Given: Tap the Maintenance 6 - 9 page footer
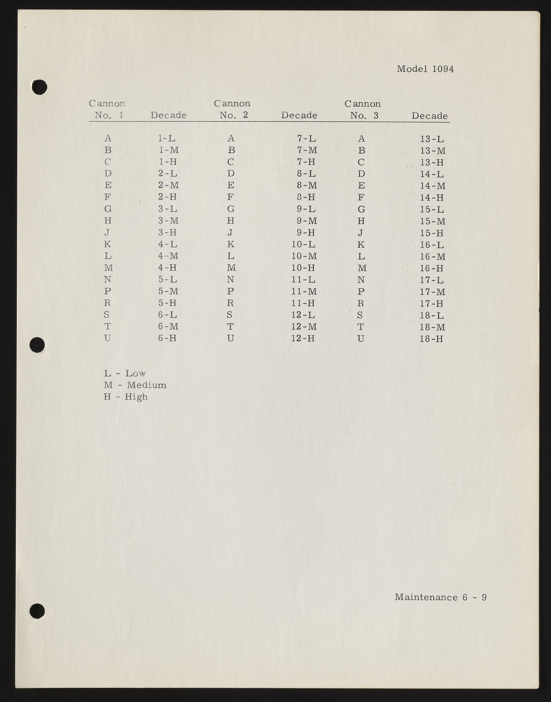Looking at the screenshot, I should (x=440, y=597).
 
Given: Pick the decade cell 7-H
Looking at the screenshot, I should (x=306, y=162).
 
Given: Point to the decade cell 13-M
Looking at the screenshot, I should (x=433, y=151).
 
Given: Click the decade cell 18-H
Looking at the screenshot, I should (x=431, y=339).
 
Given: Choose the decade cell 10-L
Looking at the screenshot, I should (x=303, y=244).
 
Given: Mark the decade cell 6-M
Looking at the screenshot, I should (x=168, y=326).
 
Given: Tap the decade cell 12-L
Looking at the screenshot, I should (x=303, y=315).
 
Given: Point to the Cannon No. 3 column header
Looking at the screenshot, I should (x=363, y=109).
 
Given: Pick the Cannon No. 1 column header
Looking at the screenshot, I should (x=107, y=109).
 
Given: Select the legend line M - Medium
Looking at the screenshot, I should (x=135, y=385).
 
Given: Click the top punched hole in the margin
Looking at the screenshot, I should (x=40, y=87).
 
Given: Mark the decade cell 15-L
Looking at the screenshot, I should (x=432, y=210).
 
